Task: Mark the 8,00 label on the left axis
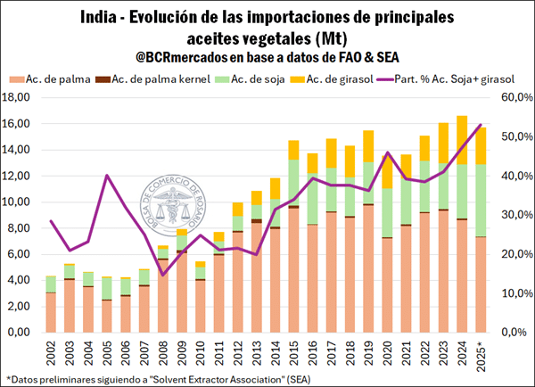pyautogui.click(x=23, y=228)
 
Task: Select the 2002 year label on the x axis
pyautogui.click(x=52, y=352)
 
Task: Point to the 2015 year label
pyautogui.click(x=292, y=352)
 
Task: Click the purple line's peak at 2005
pyautogui.click(x=107, y=175)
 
